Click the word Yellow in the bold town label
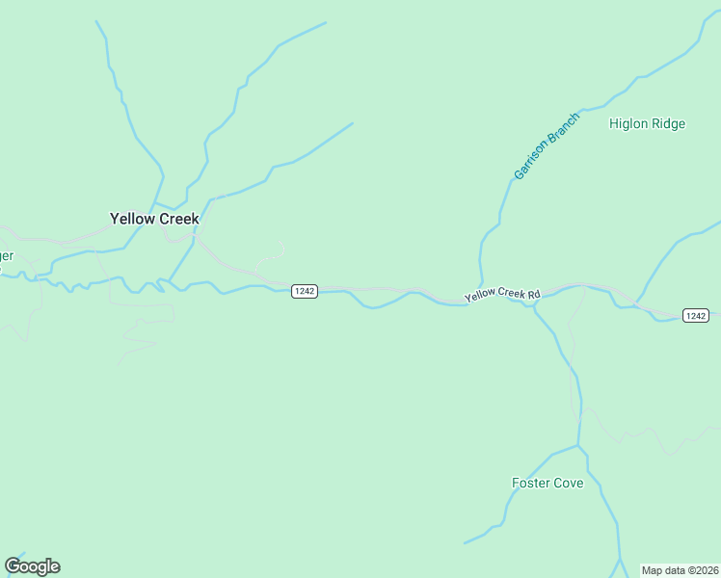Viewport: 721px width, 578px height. pos(132,219)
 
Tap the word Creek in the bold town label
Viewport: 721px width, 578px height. pos(178,219)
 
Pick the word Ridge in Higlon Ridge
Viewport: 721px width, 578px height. pos(671,123)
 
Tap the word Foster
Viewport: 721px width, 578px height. pos(531,483)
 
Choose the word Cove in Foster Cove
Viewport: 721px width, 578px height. pos(569,483)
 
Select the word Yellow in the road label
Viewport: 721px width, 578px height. pos(479,297)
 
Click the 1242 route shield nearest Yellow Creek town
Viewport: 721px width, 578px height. pos(305,291)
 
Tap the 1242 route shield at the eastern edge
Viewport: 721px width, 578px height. pos(696,315)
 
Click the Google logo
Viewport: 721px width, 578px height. pos(32,566)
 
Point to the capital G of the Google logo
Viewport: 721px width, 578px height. pos(13,565)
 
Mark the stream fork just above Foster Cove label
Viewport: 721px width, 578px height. pos(577,446)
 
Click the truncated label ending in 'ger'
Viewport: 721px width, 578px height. pos(6,255)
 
